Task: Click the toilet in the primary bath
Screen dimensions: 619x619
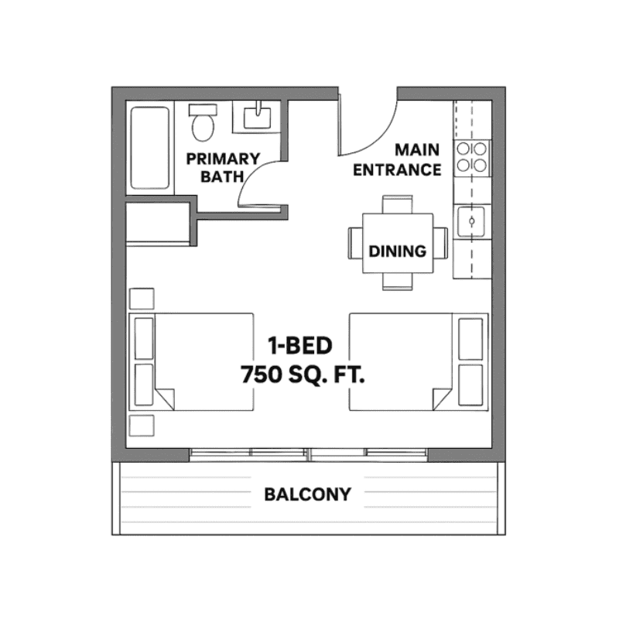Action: coord(203,122)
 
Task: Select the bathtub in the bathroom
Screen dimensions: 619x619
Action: coord(150,148)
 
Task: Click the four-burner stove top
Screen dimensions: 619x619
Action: coord(472,158)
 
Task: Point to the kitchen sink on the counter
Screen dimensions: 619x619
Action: coord(471,221)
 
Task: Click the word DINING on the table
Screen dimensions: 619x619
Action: coord(398,251)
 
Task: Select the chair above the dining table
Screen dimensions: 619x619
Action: coord(398,204)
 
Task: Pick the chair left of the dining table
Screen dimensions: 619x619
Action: coord(355,243)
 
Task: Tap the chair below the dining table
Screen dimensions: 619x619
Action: coord(398,282)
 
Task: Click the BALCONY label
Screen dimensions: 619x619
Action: coord(307,494)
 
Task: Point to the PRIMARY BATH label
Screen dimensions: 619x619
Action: coord(223,167)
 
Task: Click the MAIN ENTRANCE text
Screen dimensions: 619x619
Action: coord(397,160)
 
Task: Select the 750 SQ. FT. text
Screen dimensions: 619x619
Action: coord(303,374)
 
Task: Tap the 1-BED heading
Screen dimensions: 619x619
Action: coord(300,345)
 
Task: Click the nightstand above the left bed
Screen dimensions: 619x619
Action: coord(142,299)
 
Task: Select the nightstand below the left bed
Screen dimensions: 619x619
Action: coord(142,426)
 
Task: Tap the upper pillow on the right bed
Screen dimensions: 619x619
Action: coord(470,339)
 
